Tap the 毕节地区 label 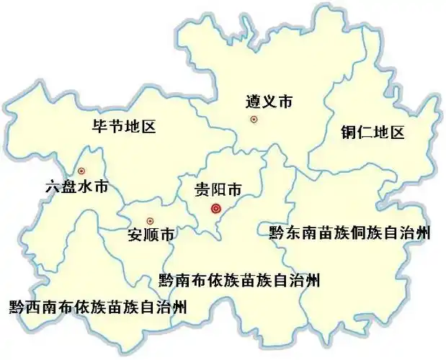[x=125, y=127]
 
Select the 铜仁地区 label [x=373, y=132]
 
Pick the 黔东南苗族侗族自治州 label [x=350, y=233]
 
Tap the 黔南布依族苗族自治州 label [x=238, y=279]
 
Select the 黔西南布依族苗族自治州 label [x=98, y=307]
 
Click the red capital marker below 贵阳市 [x=215, y=209]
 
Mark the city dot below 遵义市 [x=254, y=120]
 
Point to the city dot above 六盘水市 [x=81, y=171]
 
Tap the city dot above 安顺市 [x=150, y=221]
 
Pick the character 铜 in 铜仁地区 [x=349, y=132]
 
